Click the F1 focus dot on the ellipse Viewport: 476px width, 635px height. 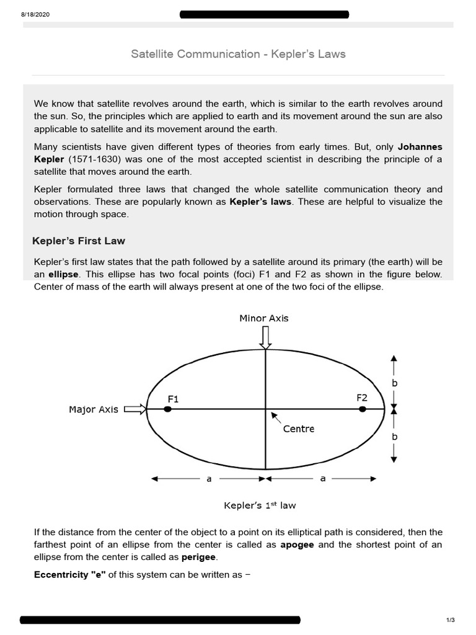(x=167, y=409)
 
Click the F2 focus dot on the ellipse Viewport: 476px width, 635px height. (x=363, y=409)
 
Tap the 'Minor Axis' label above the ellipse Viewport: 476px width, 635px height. (x=264, y=318)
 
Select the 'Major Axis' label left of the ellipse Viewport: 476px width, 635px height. (x=93, y=410)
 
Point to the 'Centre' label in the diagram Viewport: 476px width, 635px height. (x=299, y=429)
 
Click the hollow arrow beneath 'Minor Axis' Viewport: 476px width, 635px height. (x=265, y=337)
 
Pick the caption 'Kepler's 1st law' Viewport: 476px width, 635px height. (x=260, y=505)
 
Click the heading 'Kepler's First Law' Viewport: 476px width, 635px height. (x=78, y=241)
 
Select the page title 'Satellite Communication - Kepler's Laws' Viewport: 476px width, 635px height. (x=238, y=54)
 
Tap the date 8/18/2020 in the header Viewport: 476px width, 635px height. (x=35, y=15)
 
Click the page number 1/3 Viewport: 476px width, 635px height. (x=451, y=620)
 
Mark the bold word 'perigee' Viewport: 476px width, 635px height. (x=198, y=557)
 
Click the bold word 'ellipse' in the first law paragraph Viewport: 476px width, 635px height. (x=63, y=274)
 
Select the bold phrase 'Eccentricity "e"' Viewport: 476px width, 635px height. (x=70, y=575)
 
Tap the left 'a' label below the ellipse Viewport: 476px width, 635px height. (x=209, y=479)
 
